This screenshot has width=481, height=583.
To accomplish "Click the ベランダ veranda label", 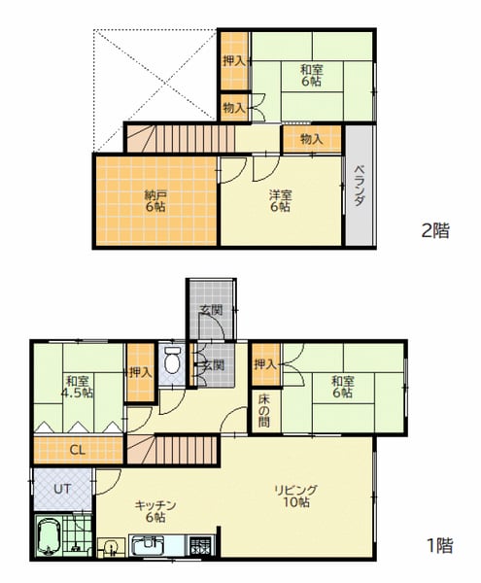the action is click(x=359, y=186).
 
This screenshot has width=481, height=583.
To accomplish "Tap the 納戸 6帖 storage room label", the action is click(x=155, y=201).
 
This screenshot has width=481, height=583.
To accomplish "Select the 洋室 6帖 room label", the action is click(x=281, y=201).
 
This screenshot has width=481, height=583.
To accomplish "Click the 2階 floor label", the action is click(x=435, y=230).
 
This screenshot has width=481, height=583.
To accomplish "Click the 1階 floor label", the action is click(x=440, y=546).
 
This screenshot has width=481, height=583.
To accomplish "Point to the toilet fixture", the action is click(x=171, y=360).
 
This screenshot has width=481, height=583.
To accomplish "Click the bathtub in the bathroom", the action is click(x=49, y=536).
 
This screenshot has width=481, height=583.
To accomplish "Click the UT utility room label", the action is click(x=62, y=489).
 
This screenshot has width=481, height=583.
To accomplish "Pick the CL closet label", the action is click(x=78, y=450).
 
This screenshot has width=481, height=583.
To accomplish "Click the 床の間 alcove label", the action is click(x=264, y=411).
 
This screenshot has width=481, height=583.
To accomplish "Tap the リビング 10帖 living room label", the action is click(x=295, y=497).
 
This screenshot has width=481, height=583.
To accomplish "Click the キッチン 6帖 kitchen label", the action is click(x=155, y=511).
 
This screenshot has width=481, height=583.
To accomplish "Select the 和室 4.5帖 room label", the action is click(x=78, y=387).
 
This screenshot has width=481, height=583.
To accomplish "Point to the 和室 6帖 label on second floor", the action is click(x=312, y=76).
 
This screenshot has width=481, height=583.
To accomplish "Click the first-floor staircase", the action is click(x=172, y=450).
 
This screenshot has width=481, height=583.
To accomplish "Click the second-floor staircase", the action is click(x=181, y=139).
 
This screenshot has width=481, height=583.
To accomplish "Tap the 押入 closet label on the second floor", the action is click(x=234, y=60).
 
